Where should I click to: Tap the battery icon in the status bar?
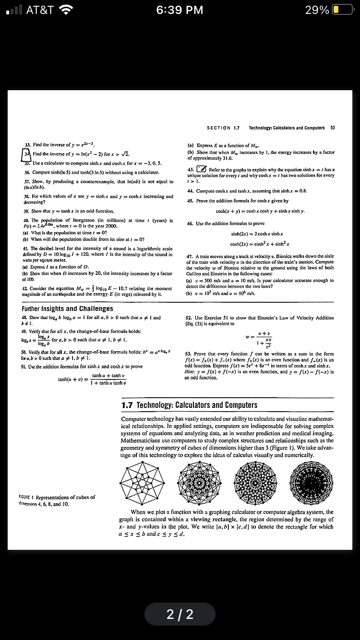(341, 10)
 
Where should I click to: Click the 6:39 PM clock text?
(180, 10)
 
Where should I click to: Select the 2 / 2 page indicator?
(180, 614)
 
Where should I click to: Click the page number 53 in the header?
(332, 128)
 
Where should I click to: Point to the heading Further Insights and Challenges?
(68, 308)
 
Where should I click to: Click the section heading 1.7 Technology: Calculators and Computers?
(190, 405)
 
